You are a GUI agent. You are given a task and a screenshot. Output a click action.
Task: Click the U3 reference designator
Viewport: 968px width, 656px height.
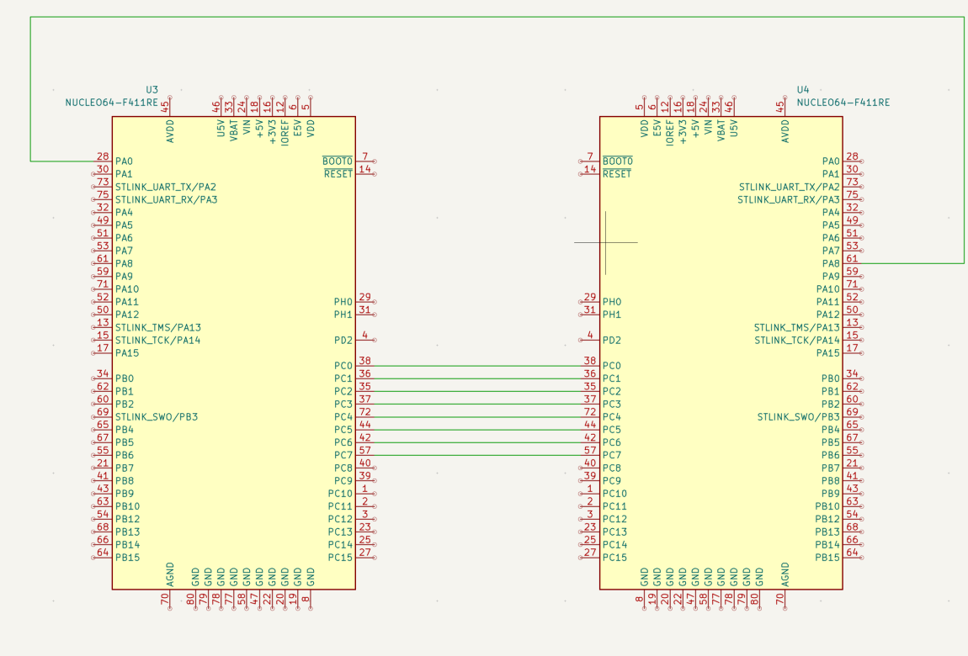[x=152, y=89]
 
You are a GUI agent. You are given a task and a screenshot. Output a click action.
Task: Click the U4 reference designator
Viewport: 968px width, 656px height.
[x=802, y=89]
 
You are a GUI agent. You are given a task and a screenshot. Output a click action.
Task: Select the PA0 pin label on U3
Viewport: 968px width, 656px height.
[x=124, y=161]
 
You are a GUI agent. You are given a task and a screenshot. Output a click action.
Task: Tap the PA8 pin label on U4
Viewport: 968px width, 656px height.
[x=831, y=264]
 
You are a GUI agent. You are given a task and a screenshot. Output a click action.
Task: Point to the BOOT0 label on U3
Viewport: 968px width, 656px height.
[x=338, y=161]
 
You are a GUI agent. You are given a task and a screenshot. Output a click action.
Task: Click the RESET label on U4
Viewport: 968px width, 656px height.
[x=617, y=174]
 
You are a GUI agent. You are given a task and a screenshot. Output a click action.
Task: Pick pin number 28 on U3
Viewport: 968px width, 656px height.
[x=103, y=157]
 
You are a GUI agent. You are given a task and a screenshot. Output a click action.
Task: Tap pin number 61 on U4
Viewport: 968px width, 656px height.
[x=852, y=260]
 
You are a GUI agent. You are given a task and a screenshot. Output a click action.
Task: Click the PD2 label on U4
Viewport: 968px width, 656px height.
[x=612, y=341]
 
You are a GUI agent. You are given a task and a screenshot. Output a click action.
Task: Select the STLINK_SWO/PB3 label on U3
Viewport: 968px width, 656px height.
[x=157, y=417]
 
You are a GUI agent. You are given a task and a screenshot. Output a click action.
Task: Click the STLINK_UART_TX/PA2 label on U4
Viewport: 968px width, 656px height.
[x=789, y=187]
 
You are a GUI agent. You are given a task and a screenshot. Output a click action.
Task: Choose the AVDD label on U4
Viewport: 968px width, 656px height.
[x=785, y=130]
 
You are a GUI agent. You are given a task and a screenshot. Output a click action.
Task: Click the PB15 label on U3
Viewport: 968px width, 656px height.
[x=128, y=558]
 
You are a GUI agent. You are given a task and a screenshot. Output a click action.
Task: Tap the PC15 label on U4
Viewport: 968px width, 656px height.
[x=614, y=558]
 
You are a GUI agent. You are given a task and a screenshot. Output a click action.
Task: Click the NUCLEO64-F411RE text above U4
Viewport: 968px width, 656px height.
[x=843, y=103]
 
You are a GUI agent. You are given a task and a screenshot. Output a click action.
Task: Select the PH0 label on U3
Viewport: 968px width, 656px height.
[x=343, y=302]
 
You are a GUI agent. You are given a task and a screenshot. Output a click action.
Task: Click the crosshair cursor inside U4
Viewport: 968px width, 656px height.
[x=605, y=242]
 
